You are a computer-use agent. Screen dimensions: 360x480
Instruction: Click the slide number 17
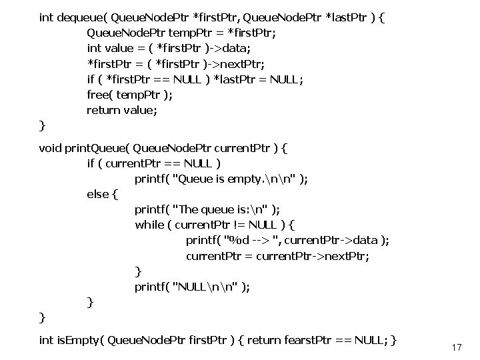click(457, 348)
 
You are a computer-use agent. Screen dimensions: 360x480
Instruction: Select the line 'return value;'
click(122, 110)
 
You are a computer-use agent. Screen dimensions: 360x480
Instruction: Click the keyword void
click(51, 147)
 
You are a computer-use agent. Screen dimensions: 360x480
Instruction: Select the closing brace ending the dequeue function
click(43, 125)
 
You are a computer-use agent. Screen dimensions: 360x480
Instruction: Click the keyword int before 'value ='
click(95, 48)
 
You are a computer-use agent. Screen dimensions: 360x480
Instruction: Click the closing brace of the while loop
click(138, 271)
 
